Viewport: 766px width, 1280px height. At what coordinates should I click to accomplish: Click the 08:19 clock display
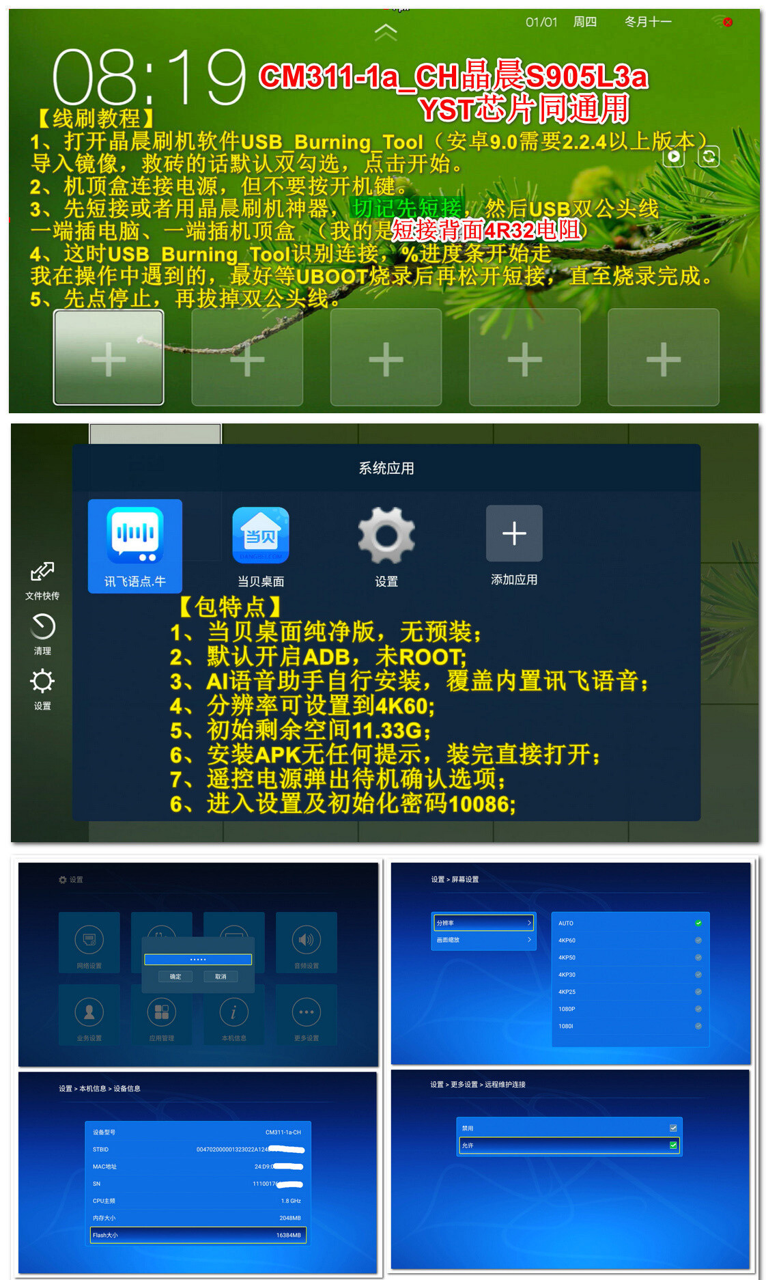tap(149, 76)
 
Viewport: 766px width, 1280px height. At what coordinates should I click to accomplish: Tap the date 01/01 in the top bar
tap(541, 22)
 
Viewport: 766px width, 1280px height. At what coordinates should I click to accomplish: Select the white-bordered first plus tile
tap(109, 358)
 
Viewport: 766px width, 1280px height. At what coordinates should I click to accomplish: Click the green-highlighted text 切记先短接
tap(407, 208)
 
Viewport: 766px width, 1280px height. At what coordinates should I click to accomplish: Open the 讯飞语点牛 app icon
tap(134, 536)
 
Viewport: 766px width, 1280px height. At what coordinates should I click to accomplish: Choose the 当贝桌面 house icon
tap(261, 535)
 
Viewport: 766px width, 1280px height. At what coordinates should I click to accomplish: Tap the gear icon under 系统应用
tap(386, 536)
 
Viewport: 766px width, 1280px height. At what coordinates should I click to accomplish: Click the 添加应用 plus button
tap(514, 533)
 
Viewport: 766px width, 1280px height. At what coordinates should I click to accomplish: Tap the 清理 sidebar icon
tap(42, 627)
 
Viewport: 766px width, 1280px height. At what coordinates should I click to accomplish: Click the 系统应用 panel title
tap(386, 469)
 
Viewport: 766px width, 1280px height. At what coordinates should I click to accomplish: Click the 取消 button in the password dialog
tap(221, 977)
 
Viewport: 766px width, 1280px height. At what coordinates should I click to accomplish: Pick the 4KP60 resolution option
tap(567, 941)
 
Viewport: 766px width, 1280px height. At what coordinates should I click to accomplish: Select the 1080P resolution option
tap(567, 1009)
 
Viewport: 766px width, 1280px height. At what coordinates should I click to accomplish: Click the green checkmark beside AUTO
tap(698, 923)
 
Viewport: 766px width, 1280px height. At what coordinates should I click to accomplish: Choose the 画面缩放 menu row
tap(483, 941)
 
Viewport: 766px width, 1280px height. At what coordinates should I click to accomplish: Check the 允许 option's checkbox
tap(674, 1145)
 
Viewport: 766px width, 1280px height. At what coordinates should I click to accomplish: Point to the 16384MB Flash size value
tap(288, 1235)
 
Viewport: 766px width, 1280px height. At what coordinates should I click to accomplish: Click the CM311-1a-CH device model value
tap(283, 1132)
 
